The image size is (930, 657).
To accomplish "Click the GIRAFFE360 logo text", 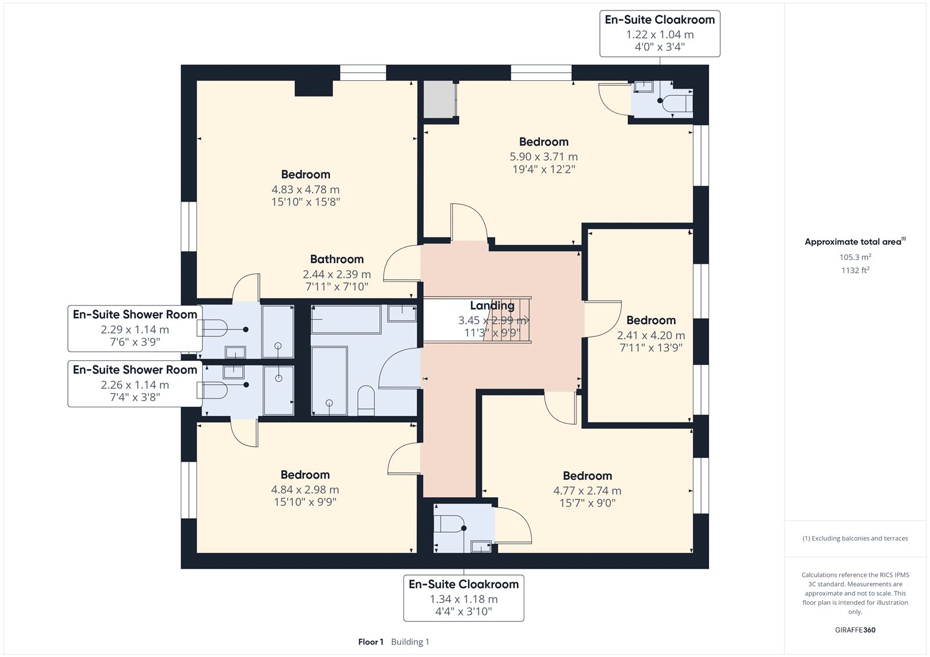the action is pyautogui.click(x=855, y=630).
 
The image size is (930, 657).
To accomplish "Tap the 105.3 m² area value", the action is pyautogui.click(x=855, y=257).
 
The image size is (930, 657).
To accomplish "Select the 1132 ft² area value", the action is pyautogui.click(x=855, y=270).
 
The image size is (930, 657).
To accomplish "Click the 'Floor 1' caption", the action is pyautogui.click(x=371, y=642).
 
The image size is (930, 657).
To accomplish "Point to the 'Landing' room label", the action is pyautogui.click(x=492, y=306).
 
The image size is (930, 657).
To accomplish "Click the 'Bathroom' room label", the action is pyautogui.click(x=337, y=259).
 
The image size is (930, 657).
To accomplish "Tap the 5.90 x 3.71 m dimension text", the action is pyautogui.click(x=543, y=156).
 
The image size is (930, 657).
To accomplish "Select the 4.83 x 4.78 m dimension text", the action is pyautogui.click(x=306, y=189).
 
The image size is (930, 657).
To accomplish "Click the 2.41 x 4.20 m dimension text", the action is pyautogui.click(x=650, y=335).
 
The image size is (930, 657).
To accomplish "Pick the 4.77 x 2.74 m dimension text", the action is pyautogui.click(x=587, y=490).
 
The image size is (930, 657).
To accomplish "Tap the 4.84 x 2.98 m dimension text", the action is pyautogui.click(x=305, y=489).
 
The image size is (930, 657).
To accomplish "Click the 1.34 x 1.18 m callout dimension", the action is pyautogui.click(x=463, y=599).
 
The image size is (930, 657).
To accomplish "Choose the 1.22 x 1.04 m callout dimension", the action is pyautogui.click(x=660, y=34).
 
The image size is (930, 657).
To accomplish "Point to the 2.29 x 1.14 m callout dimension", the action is pyautogui.click(x=135, y=329).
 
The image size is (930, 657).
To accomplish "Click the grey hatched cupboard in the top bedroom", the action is pyautogui.click(x=439, y=99).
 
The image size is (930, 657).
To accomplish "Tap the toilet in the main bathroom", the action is pyautogui.click(x=366, y=400).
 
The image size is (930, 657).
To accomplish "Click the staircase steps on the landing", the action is pyautogui.click(x=507, y=320).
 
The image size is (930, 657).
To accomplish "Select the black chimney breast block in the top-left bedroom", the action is pyautogui.click(x=313, y=88).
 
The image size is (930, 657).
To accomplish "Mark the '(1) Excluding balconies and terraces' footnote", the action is pyautogui.click(x=855, y=538).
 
